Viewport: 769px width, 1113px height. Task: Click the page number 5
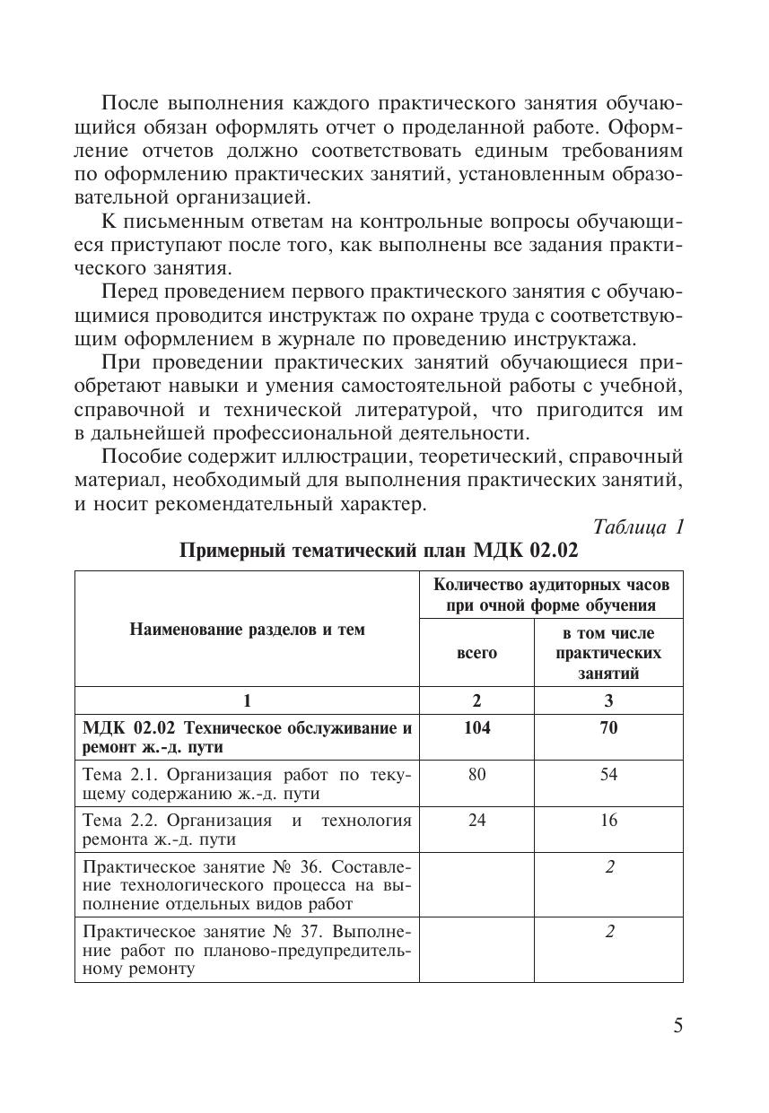pyautogui.click(x=678, y=1026)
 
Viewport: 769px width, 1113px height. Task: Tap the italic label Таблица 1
pyautogui.click(x=640, y=527)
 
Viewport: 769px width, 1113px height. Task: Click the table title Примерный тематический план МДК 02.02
pyautogui.click(x=380, y=550)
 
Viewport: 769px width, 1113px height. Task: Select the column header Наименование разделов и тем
pyautogui.click(x=247, y=629)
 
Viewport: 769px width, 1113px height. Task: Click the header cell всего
pyautogui.click(x=476, y=653)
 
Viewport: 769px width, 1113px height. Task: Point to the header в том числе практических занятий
pyautogui.click(x=608, y=652)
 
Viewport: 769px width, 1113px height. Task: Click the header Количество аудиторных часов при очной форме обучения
pyautogui.click(x=551, y=595)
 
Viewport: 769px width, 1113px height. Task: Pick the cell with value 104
pyautogui.click(x=476, y=728)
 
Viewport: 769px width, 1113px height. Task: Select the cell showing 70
pyautogui.click(x=608, y=728)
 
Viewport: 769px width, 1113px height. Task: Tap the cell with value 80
pyautogui.click(x=476, y=774)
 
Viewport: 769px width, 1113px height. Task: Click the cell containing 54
pyautogui.click(x=608, y=774)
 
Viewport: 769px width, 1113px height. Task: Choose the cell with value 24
pyautogui.click(x=476, y=820)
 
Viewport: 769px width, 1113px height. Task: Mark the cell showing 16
pyautogui.click(x=608, y=820)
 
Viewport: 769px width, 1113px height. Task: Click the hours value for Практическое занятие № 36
pyautogui.click(x=608, y=867)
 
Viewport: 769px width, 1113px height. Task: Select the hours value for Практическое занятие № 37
pyautogui.click(x=608, y=932)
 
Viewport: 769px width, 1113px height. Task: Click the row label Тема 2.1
pyautogui.click(x=247, y=784)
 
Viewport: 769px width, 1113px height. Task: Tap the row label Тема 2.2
pyautogui.click(x=247, y=830)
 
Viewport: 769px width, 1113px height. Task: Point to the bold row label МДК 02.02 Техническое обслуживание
pyautogui.click(x=247, y=737)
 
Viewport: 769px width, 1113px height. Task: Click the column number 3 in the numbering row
pyautogui.click(x=608, y=700)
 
